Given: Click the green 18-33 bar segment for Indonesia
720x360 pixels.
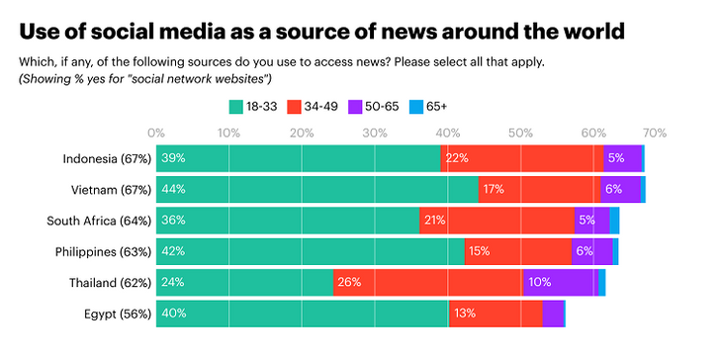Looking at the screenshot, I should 297,158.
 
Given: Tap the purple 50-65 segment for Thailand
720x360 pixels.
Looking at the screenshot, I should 560,282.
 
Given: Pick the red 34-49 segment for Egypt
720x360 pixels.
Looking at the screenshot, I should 495,313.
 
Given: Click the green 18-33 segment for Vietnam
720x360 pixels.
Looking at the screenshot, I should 316,189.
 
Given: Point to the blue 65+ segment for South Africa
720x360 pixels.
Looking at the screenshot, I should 614,221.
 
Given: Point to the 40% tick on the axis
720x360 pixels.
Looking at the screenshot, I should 448,132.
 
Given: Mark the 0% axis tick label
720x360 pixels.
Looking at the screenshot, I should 156,132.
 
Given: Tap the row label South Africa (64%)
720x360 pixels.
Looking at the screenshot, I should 97,221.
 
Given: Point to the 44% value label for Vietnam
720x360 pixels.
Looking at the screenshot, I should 174,189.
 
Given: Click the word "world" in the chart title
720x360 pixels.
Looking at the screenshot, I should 586,30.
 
